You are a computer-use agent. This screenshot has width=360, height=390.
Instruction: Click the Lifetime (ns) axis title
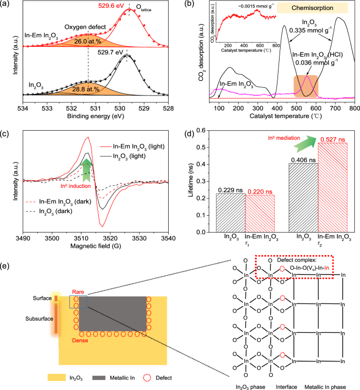pos(193,182)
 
